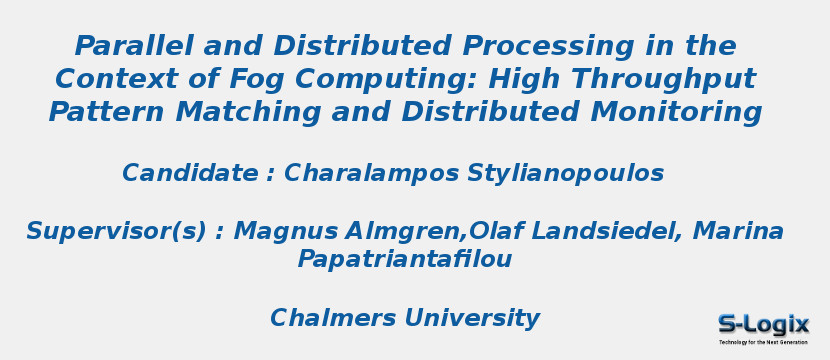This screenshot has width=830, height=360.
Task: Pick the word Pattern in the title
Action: pos(107,112)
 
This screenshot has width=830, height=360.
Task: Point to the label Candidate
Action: pos(190,174)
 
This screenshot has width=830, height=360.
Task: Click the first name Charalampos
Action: pos(371,174)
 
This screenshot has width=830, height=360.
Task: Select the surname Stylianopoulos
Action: pos(565,174)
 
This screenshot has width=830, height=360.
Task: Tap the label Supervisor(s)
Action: pos(115,232)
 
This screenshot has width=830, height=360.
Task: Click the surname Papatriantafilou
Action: pos(404,260)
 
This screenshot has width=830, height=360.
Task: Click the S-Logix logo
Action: pos(763,327)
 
